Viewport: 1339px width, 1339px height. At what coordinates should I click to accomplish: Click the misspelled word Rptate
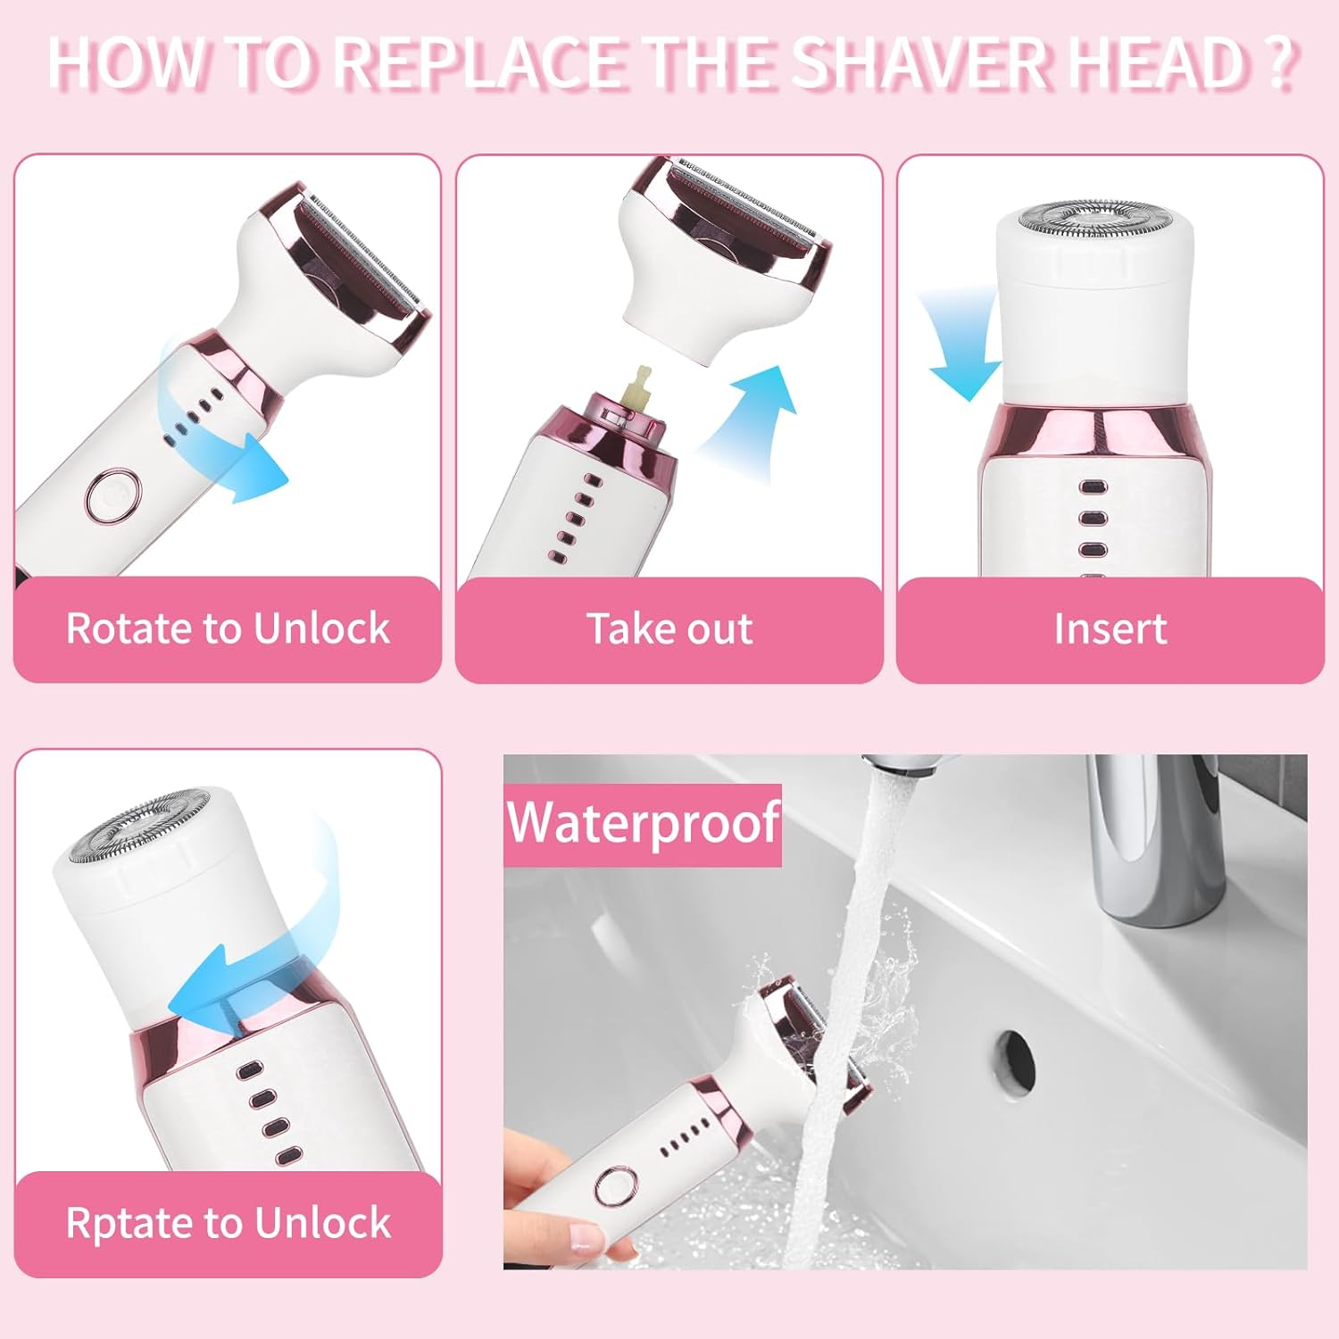(x=128, y=1223)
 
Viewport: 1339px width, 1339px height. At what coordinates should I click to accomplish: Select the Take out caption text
(x=669, y=628)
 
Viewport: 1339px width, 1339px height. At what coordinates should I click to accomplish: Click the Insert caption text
(x=1110, y=628)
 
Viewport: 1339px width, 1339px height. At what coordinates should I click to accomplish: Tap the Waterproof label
(x=643, y=823)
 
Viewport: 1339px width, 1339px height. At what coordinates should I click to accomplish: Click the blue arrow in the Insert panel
(x=960, y=348)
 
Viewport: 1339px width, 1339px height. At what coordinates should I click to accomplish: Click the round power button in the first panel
(x=113, y=494)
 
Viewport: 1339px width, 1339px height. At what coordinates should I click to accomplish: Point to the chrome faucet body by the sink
(x=1152, y=839)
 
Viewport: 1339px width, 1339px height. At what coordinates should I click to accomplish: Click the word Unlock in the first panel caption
(x=322, y=628)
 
